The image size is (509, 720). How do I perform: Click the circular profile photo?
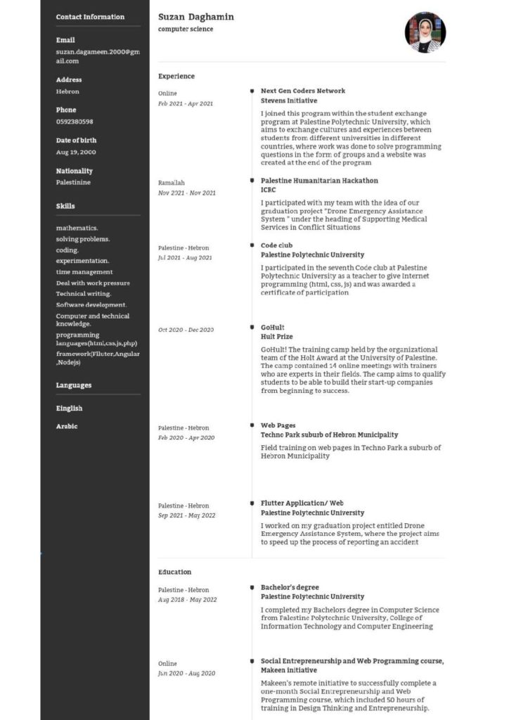click(425, 32)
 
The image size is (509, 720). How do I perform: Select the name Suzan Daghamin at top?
click(196, 17)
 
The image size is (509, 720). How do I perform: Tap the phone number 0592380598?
click(75, 122)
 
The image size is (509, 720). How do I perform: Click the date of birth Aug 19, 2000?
click(76, 152)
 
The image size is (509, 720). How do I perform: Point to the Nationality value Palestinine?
click(73, 182)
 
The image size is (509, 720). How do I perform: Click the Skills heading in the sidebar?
click(65, 206)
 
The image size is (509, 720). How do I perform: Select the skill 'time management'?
click(84, 272)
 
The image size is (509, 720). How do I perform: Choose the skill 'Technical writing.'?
click(84, 294)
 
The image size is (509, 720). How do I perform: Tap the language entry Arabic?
click(67, 427)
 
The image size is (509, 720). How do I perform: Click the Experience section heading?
click(176, 76)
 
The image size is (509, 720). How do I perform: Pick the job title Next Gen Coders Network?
click(303, 91)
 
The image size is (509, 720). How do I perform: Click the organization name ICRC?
click(269, 190)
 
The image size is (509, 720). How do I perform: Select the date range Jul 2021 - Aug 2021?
click(185, 258)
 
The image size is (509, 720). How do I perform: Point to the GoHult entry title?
click(272, 328)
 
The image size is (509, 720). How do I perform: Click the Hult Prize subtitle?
click(276, 337)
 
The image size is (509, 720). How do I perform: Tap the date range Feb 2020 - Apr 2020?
click(186, 438)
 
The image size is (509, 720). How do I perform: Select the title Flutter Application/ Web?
click(302, 503)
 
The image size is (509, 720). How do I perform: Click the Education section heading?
click(174, 572)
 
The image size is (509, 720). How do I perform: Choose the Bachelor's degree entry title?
click(290, 587)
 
